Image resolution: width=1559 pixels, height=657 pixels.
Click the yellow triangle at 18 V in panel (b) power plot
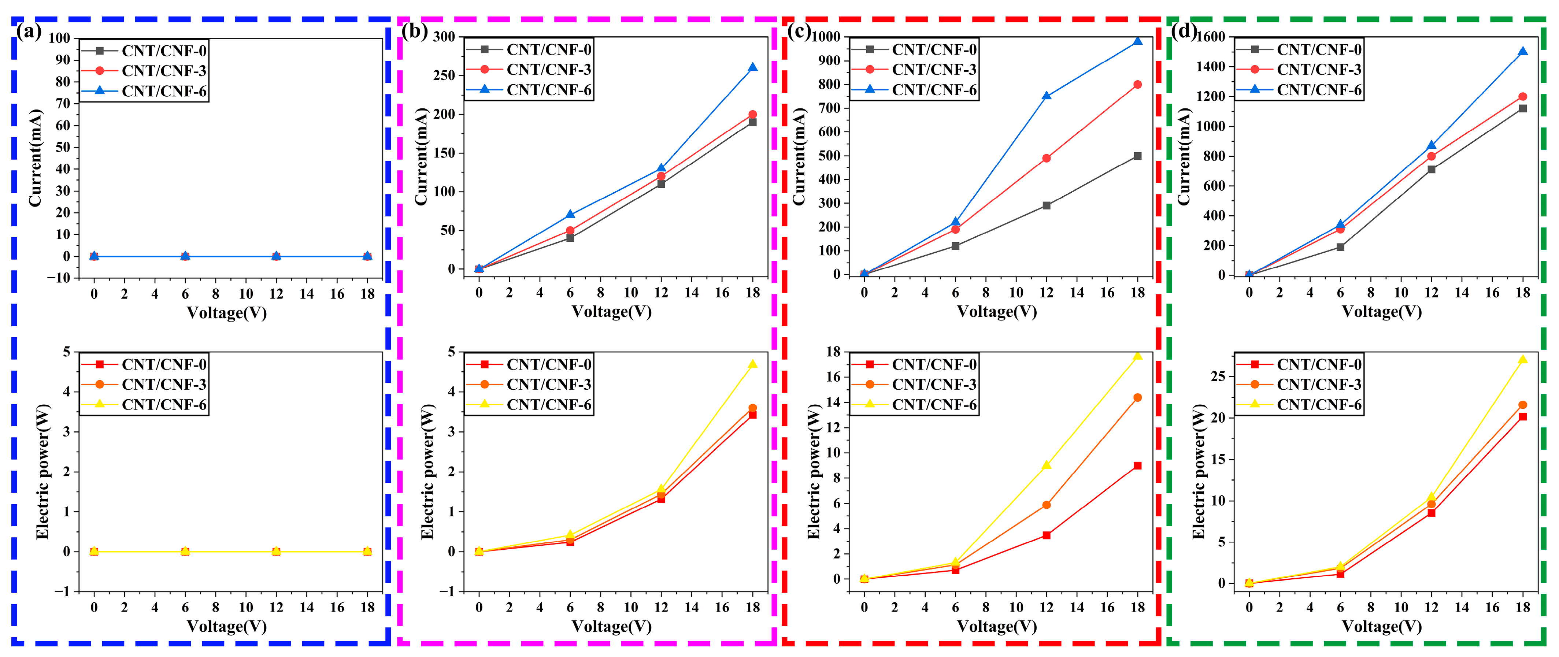point(752,364)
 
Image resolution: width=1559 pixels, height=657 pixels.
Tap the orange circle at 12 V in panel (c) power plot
point(1047,505)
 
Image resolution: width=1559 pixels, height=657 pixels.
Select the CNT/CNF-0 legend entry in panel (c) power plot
point(934,364)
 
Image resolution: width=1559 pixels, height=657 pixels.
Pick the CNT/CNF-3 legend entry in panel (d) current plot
point(1319,70)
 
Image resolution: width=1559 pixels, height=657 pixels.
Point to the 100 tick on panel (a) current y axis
point(59,38)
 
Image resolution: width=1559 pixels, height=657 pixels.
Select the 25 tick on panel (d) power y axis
point(1218,376)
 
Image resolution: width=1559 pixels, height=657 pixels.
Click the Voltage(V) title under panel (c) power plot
point(997,626)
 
